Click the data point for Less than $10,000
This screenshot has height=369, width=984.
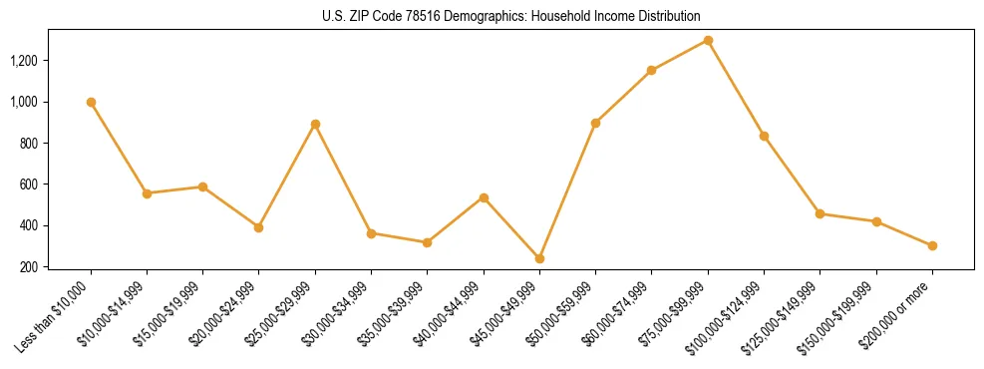pyautogui.click(x=91, y=102)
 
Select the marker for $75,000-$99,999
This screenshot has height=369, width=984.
pyautogui.click(x=708, y=40)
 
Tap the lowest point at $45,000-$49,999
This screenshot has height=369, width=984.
pyautogui.click(x=539, y=258)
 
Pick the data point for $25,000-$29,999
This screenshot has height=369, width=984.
pyautogui.click(x=315, y=124)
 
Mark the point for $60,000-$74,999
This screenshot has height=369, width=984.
pyautogui.click(x=651, y=70)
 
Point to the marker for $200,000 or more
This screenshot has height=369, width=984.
pyautogui.click(x=932, y=245)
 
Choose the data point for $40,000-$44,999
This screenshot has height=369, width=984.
pyautogui.click(x=484, y=197)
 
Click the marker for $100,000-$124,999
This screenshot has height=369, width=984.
pyautogui.click(x=764, y=136)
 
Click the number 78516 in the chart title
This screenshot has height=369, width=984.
pyautogui.click(x=399, y=17)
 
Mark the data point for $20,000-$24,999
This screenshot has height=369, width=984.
pyautogui.click(x=259, y=227)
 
